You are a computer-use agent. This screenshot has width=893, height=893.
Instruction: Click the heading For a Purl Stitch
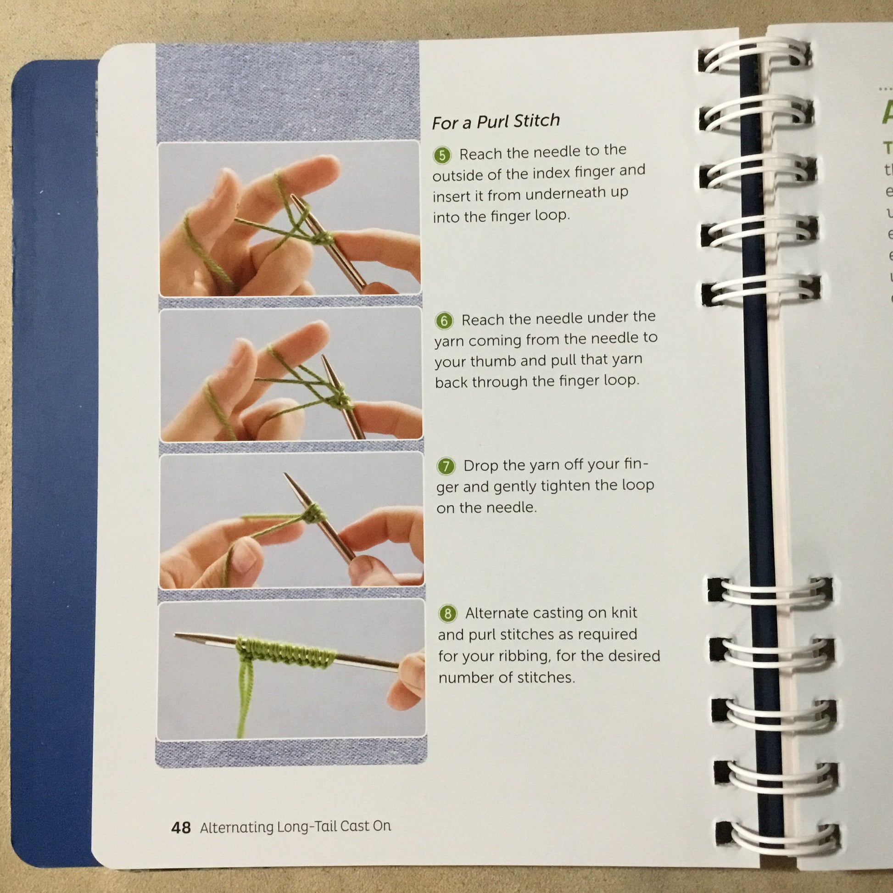tap(496, 122)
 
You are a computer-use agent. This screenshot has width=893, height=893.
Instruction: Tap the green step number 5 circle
tap(442, 155)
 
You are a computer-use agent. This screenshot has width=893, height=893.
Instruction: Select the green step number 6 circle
tap(444, 320)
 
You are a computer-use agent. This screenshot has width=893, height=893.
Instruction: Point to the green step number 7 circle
tap(446, 466)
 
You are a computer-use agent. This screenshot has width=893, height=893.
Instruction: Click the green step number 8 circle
tap(447, 614)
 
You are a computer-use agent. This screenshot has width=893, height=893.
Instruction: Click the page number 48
tap(181, 827)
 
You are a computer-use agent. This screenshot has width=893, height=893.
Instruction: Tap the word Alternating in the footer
tap(237, 827)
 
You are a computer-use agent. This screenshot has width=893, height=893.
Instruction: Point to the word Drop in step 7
tap(481, 465)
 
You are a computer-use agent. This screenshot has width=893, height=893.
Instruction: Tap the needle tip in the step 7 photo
tap(285, 475)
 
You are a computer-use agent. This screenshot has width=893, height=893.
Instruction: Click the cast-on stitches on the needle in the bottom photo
tap(285, 652)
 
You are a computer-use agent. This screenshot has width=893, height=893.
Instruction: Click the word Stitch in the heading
tap(536, 121)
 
